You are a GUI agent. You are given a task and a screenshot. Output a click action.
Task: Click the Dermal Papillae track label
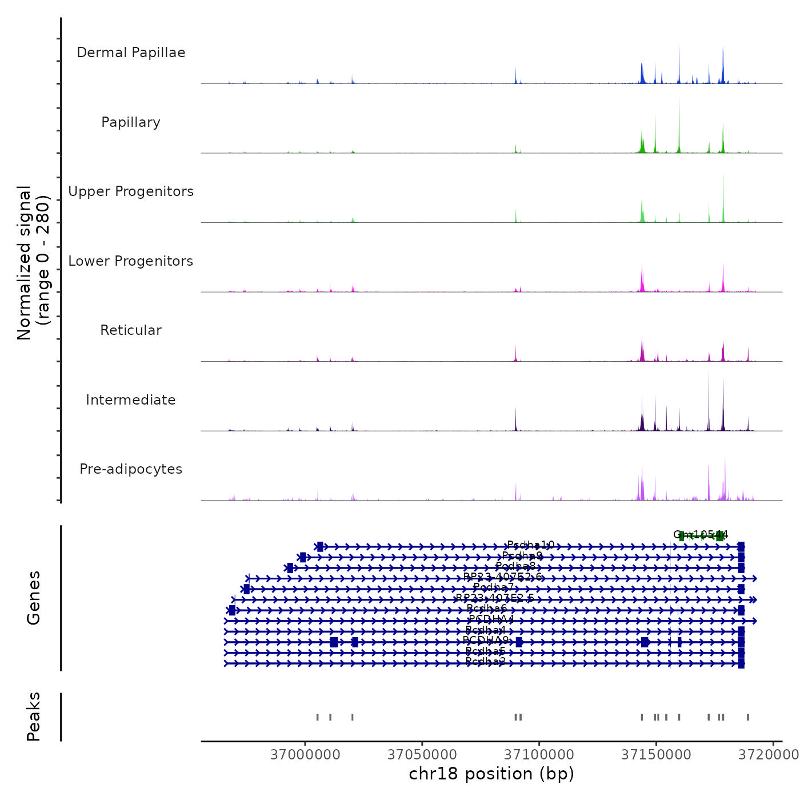click(131, 53)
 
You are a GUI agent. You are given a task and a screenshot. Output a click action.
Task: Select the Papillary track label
click(131, 122)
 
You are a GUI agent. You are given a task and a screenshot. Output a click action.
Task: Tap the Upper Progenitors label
click(131, 191)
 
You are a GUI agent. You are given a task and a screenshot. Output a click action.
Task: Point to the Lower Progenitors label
click(131, 261)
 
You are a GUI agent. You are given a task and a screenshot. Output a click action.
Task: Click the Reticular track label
click(131, 330)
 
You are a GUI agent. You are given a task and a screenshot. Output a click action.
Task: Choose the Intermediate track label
click(131, 400)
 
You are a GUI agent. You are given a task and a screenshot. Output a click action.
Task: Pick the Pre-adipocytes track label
click(131, 469)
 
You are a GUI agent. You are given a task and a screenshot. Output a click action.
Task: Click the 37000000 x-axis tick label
click(305, 754)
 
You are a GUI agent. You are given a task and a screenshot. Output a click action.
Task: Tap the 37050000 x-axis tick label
click(422, 754)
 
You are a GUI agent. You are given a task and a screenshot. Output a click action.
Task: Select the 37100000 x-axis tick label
click(539, 754)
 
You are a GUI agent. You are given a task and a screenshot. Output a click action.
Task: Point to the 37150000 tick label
click(656, 754)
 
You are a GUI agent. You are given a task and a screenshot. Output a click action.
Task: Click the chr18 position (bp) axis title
click(491, 774)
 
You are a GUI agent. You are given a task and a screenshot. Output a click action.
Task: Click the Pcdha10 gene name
click(530, 545)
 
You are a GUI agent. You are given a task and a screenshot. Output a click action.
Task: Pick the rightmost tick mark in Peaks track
click(748, 717)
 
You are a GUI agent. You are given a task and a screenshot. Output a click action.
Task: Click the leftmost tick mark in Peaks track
click(318, 717)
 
